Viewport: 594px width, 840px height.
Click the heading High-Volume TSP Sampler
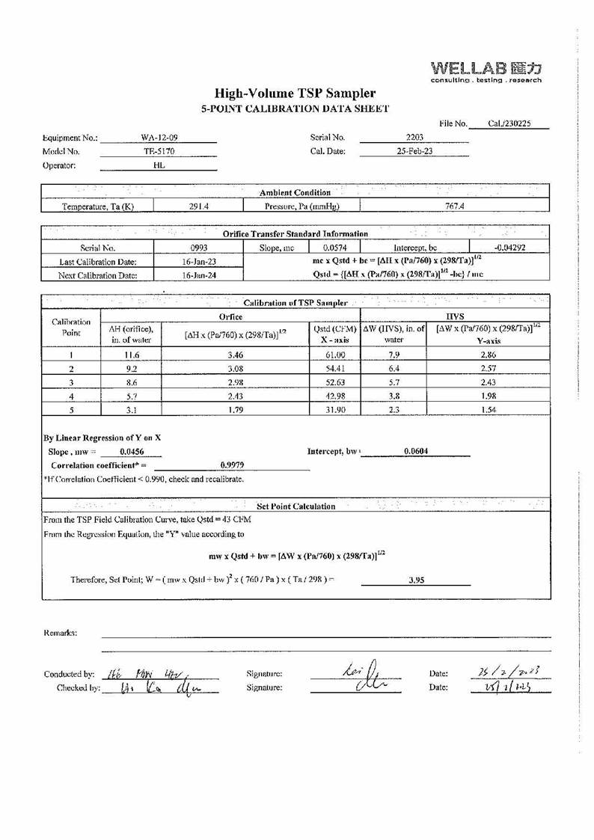(296, 93)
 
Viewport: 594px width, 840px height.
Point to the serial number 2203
(414, 138)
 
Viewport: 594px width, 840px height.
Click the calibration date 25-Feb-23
(414, 151)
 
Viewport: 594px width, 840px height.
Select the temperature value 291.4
(198, 206)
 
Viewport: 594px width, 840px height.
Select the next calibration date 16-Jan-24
(198, 275)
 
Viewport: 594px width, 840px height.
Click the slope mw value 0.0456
(131, 452)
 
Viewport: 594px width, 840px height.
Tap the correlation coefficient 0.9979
(230, 465)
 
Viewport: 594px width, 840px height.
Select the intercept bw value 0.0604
(414, 451)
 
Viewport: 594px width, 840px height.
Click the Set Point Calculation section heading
(296, 506)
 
